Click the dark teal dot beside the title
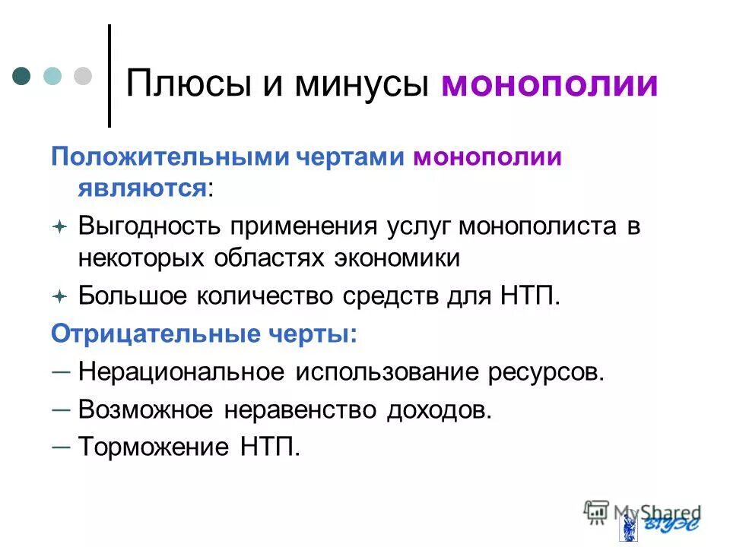(x=22, y=76)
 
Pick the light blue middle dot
(x=52, y=76)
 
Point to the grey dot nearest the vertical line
(x=82, y=76)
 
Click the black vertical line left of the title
(x=109, y=76)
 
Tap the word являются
(x=142, y=188)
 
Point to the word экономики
(x=397, y=258)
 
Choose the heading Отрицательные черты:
(x=203, y=334)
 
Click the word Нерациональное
(x=182, y=372)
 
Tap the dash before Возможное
(x=62, y=408)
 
